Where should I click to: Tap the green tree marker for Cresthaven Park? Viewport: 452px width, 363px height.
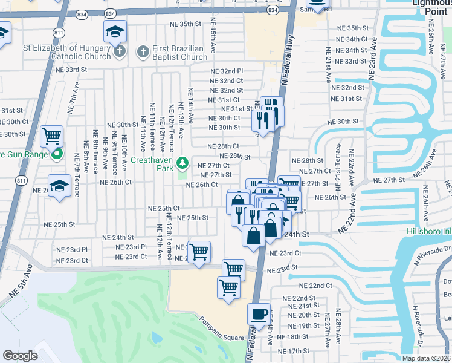click(x=182, y=163)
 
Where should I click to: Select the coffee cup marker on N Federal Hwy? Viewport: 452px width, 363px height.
click(x=259, y=315)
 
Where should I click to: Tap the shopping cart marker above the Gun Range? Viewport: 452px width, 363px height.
click(x=52, y=136)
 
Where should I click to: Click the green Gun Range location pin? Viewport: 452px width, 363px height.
click(x=57, y=154)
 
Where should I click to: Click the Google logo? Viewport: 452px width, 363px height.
click(x=21, y=356)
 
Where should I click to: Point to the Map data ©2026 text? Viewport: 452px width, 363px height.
click(x=427, y=358)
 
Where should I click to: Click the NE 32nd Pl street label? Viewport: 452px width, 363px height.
click(x=226, y=71)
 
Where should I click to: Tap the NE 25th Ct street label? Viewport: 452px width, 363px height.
click(x=164, y=208)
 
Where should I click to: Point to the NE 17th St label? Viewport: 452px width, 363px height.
click(x=294, y=351)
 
